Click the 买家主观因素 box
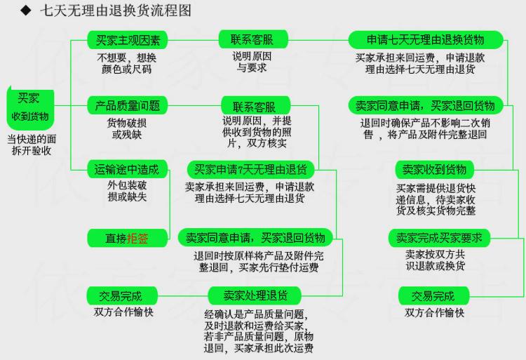click(x=127, y=39)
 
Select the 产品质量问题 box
click(x=127, y=106)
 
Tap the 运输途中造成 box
click(x=127, y=169)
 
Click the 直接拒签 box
click(x=127, y=239)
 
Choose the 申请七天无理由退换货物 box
click(x=426, y=39)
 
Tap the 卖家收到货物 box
click(x=434, y=169)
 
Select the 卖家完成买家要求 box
click(x=439, y=238)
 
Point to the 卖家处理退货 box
click(x=251, y=295)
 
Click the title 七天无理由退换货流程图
click(x=115, y=11)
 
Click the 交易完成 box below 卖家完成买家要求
click(x=433, y=295)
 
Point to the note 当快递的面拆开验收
click(x=33, y=145)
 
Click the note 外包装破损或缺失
click(x=128, y=192)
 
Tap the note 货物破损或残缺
click(x=127, y=128)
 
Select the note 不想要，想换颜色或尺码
click(x=127, y=63)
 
